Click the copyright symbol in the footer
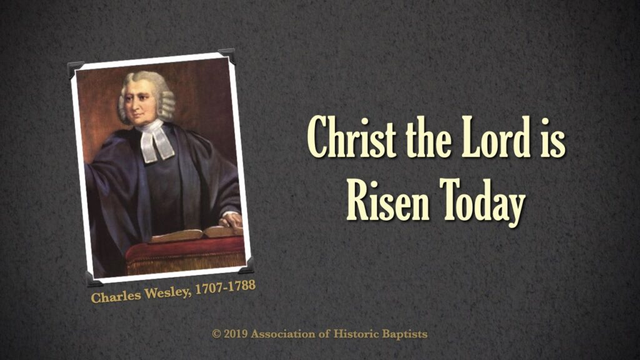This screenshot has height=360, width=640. click(x=216, y=334)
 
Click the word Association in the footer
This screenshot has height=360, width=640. click(x=283, y=334)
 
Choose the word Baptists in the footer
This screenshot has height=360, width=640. click(x=404, y=334)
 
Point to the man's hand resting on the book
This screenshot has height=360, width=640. click(x=231, y=219)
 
